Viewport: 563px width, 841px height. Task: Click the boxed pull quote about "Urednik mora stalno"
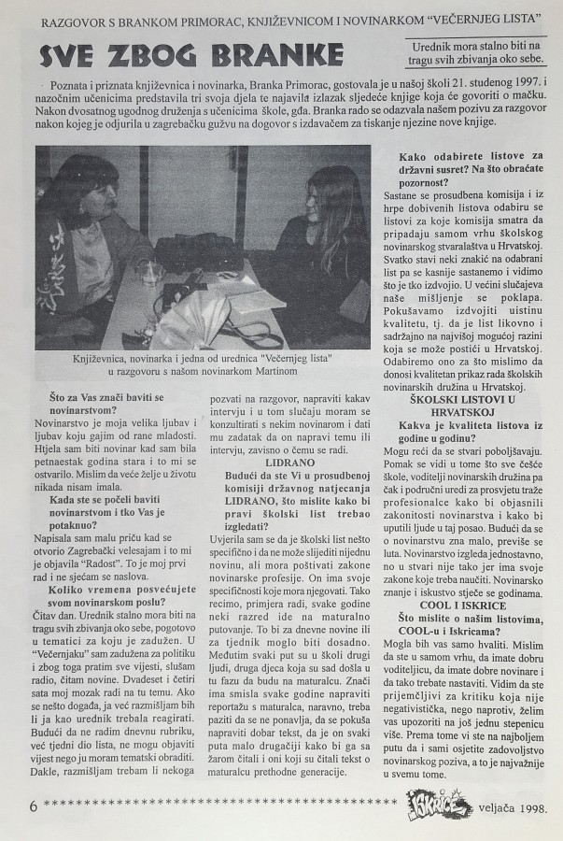(x=477, y=53)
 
